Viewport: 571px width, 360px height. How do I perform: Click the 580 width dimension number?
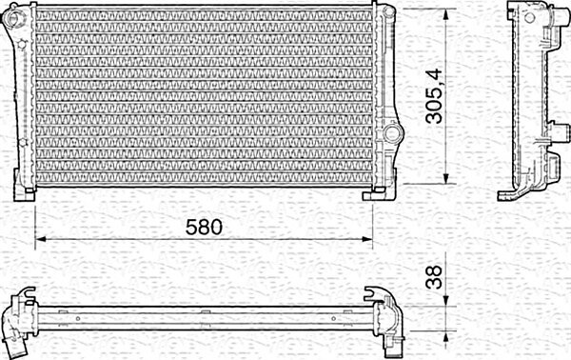click(x=204, y=227)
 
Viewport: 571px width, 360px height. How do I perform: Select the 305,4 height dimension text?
click(x=435, y=96)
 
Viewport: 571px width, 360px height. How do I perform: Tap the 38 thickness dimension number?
click(x=434, y=277)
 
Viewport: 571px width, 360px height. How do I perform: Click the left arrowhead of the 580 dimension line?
click(x=40, y=239)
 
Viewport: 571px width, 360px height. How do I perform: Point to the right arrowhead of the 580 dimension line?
click(x=367, y=239)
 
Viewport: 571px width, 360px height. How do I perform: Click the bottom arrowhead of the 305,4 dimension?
click(x=445, y=178)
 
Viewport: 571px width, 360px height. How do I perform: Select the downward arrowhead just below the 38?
click(x=445, y=301)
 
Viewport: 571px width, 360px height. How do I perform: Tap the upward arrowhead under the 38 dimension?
click(x=445, y=336)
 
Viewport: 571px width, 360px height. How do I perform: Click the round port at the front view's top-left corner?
click(x=15, y=16)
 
